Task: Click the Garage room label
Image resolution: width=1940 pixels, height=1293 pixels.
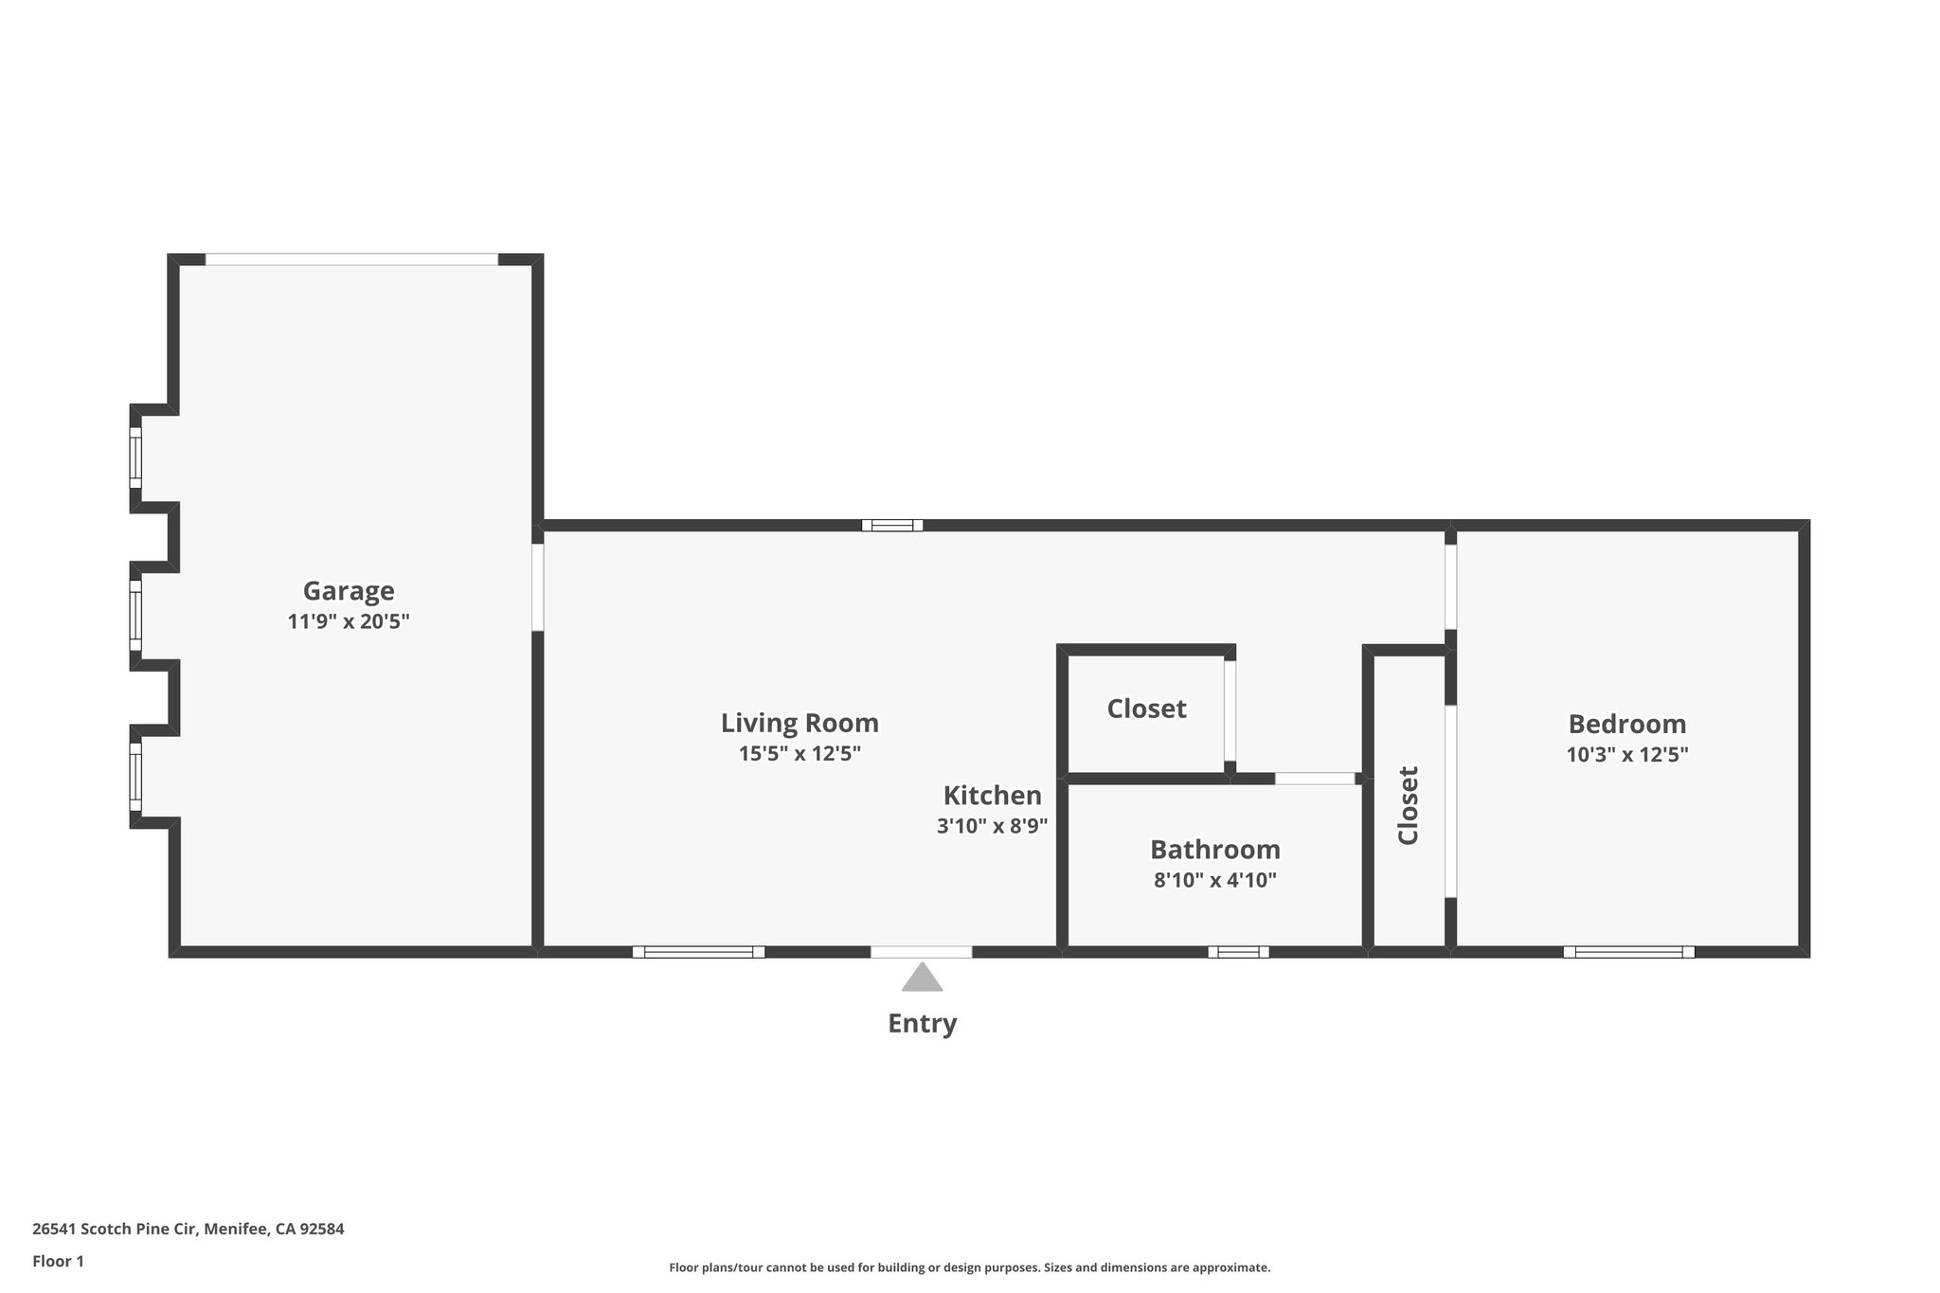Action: coord(348,591)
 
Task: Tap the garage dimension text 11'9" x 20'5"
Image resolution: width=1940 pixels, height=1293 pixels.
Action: coord(348,622)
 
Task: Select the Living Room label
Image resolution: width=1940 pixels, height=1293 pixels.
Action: coord(799,723)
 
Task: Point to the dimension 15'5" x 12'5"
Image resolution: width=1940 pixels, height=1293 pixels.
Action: coord(799,754)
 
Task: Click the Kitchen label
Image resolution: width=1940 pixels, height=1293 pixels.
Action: coord(992,795)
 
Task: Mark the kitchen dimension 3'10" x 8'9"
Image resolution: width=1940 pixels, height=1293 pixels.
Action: coord(992,826)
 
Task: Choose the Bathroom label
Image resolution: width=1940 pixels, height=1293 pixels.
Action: coord(1214,849)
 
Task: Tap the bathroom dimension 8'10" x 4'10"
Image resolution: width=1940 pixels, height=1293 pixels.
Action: coord(1214,880)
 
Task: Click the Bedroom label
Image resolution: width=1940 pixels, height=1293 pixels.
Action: coord(1626,724)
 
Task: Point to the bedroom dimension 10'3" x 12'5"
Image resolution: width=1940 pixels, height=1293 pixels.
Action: coord(1626,755)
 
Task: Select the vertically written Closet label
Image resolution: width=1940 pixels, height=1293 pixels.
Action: coord(1408,805)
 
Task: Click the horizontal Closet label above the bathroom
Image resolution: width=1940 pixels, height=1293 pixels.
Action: coord(1146,709)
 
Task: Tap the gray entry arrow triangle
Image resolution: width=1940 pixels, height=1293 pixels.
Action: coord(922,979)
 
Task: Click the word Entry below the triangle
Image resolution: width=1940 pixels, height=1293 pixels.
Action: coord(922,1024)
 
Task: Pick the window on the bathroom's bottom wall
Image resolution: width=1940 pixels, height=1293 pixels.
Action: coord(1238,952)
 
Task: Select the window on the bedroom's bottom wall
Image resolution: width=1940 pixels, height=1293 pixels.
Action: coord(1628,952)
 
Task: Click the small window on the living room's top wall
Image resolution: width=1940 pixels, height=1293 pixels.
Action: coord(891,525)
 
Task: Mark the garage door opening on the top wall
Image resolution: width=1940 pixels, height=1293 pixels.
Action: coord(351,260)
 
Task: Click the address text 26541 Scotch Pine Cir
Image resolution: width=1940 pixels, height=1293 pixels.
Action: coord(188,1230)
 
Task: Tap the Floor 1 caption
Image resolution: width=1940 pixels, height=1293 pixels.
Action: coord(58,1261)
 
